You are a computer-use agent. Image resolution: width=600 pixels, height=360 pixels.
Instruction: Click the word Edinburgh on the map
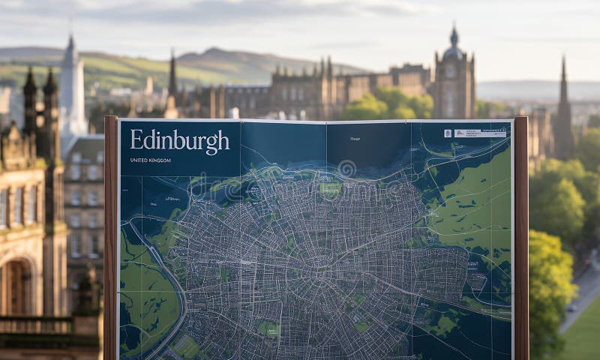pyautogui.click(x=179, y=142)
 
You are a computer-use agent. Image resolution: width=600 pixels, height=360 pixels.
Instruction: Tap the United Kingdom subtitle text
pyautogui.click(x=150, y=160)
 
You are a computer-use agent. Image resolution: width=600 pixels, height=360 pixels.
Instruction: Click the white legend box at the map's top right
pyautogui.click(x=480, y=133)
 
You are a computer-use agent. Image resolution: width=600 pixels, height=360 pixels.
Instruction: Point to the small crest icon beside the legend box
pyautogui.click(x=448, y=133)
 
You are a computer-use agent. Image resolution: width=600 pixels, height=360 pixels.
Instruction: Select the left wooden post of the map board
pyautogui.click(x=110, y=240)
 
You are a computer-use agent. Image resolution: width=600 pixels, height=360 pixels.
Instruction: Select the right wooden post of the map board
pyautogui.click(x=521, y=240)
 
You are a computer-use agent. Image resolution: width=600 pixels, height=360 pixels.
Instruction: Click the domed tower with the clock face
pyautogui.click(x=453, y=75)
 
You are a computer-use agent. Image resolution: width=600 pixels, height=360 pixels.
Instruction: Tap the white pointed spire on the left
pyautogui.click(x=72, y=82)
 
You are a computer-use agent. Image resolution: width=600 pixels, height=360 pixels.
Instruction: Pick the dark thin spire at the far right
pyautogui.click(x=563, y=97)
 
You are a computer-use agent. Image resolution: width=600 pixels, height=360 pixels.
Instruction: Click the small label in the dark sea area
pyautogui.click(x=355, y=139)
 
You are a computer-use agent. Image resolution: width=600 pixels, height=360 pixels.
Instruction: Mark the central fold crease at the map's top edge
pyautogui.click(x=326, y=123)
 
